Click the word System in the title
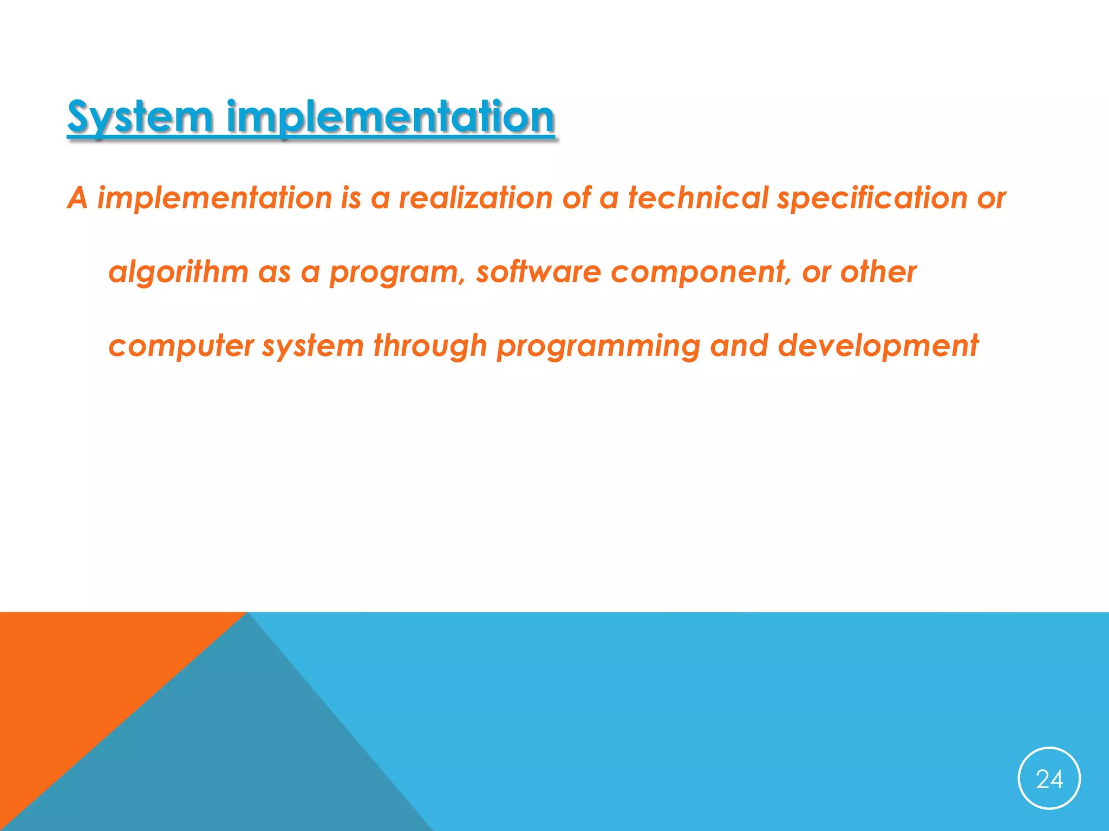click(140, 117)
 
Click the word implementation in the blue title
click(390, 117)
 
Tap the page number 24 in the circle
click(1049, 779)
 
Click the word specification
click(872, 198)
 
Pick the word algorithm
click(178, 272)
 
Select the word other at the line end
click(878, 272)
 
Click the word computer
click(181, 346)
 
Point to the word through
click(430, 346)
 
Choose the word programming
click(598, 346)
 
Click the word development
click(878, 346)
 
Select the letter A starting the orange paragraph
click(77, 198)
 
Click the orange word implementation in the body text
click(214, 198)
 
